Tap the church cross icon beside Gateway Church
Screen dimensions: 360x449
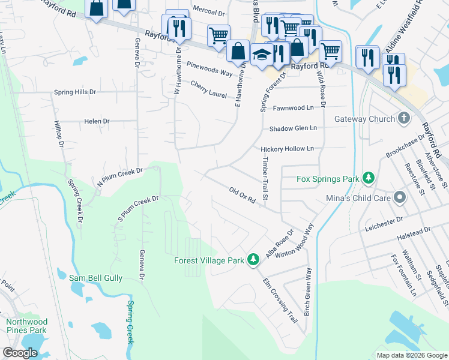click(x=403, y=118)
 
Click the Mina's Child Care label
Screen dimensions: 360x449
click(x=358, y=197)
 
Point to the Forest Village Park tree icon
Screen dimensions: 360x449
click(x=254, y=259)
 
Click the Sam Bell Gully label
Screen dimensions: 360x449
click(x=95, y=278)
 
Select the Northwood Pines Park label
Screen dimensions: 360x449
click(x=26, y=326)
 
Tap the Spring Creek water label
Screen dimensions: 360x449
click(x=130, y=322)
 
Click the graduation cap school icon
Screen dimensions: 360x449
click(x=262, y=56)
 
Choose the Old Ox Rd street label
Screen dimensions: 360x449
click(x=243, y=196)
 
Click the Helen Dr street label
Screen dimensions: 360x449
click(x=97, y=121)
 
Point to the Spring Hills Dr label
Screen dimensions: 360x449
click(x=75, y=92)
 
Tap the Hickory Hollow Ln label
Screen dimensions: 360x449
click(x=287, y=149)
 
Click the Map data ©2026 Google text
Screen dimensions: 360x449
click(x=411, y=355)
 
